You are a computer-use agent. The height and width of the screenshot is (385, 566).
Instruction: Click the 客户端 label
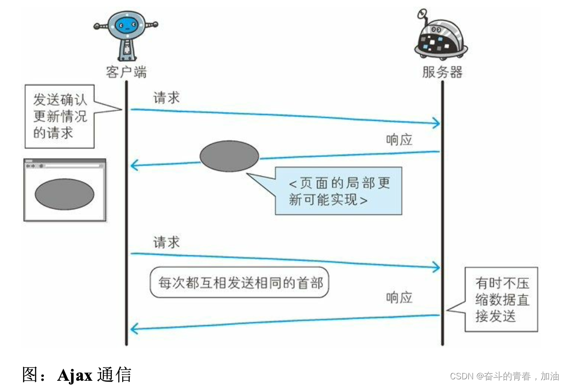126,72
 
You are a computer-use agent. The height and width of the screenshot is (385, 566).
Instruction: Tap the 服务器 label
442,72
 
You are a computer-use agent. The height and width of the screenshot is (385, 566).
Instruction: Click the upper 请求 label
166,98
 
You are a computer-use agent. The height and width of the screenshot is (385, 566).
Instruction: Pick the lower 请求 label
166,243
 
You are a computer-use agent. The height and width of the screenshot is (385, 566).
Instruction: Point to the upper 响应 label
399,139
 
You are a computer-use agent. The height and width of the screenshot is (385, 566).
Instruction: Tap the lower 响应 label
399,297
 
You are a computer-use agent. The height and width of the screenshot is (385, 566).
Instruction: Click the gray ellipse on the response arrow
229,156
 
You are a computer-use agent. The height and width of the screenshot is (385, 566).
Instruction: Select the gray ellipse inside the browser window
65,193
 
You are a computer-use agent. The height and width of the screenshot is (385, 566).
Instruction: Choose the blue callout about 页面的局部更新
339,191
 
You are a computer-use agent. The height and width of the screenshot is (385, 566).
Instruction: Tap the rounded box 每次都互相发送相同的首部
239,283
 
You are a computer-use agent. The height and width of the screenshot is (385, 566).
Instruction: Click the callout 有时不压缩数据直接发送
501,300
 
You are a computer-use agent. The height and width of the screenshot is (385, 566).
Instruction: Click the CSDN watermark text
504,376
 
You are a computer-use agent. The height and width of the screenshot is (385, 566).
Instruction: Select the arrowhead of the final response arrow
134,328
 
